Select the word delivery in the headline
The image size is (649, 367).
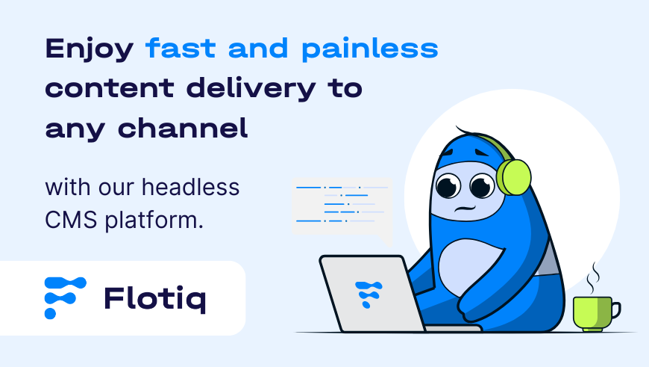pos(251,89)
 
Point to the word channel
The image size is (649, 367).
pos(183,128)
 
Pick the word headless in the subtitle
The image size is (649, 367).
pos(190,188)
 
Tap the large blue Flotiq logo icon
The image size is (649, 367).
pos(65,297)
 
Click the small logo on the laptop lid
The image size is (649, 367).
pos(369,294)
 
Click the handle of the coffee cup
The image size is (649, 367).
pos(616,310)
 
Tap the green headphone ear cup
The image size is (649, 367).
pos(514,177)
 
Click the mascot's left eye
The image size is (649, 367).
pos(448,185)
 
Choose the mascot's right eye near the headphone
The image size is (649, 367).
pos(482,185)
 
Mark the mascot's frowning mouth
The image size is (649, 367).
pos(465,209)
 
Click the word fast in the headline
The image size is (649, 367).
pos(181,48)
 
